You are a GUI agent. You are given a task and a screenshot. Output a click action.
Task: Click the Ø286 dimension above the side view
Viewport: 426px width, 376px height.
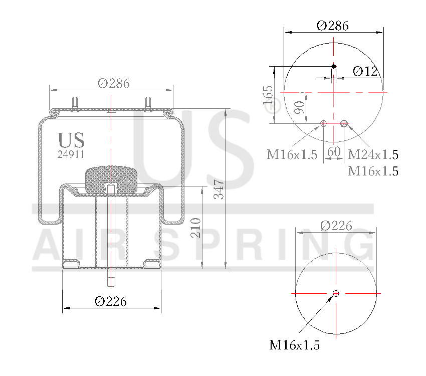[x=113, y=84]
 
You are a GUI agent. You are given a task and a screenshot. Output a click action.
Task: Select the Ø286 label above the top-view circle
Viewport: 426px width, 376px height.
[x=333, y=26]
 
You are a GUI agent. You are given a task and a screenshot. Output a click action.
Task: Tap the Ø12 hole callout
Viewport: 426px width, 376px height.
[x=365, y=71]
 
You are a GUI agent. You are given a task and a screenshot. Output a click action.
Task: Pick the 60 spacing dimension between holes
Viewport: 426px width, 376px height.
[x=333, y=151]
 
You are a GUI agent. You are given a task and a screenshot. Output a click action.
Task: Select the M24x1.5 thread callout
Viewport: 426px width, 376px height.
[x=373, y=154]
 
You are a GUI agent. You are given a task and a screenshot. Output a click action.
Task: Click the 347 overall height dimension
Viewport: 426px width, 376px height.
[x=219, y=189]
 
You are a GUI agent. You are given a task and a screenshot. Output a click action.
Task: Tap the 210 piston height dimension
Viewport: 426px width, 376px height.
[x=196, y=228]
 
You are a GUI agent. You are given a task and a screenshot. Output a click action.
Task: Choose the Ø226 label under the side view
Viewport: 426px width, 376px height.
[x=111, y=301]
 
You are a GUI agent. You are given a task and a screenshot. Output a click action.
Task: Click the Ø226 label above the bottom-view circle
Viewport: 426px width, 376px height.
[x=336, y=226]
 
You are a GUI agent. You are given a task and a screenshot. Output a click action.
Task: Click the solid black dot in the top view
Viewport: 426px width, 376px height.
[x=334, y=66]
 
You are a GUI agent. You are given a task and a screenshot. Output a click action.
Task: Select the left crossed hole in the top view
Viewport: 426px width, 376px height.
[x=324, y=123]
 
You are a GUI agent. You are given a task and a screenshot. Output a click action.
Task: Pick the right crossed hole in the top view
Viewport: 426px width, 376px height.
[x=344, y=123]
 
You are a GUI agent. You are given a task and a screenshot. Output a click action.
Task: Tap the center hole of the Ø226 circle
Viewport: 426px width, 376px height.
[x=336, y=293]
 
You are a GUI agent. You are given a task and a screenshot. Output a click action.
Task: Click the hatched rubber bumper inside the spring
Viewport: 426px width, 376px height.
[x=111, y=179]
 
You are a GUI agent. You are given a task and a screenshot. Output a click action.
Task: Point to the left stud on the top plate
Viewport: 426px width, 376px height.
[x=75, y=102]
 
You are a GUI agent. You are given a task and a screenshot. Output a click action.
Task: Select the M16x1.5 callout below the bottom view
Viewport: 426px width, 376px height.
[x=294, y=345]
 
